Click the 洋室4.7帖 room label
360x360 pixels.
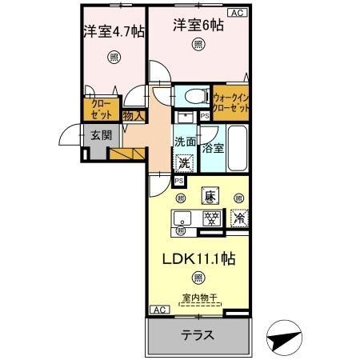click(x=114, y=33)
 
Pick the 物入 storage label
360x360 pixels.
click(x=134, y=116)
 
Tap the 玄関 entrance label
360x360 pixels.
click(x=100, y=135)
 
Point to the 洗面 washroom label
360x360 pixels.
click(x=185, y=142)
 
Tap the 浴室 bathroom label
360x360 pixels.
click(x=213, y=148)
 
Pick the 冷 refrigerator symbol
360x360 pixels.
click(x=238, y=217)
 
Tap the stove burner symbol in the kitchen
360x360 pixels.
click(x=211, y=217)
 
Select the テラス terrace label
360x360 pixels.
click(x=197, y=335)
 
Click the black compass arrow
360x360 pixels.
click(x=284, y=339)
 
